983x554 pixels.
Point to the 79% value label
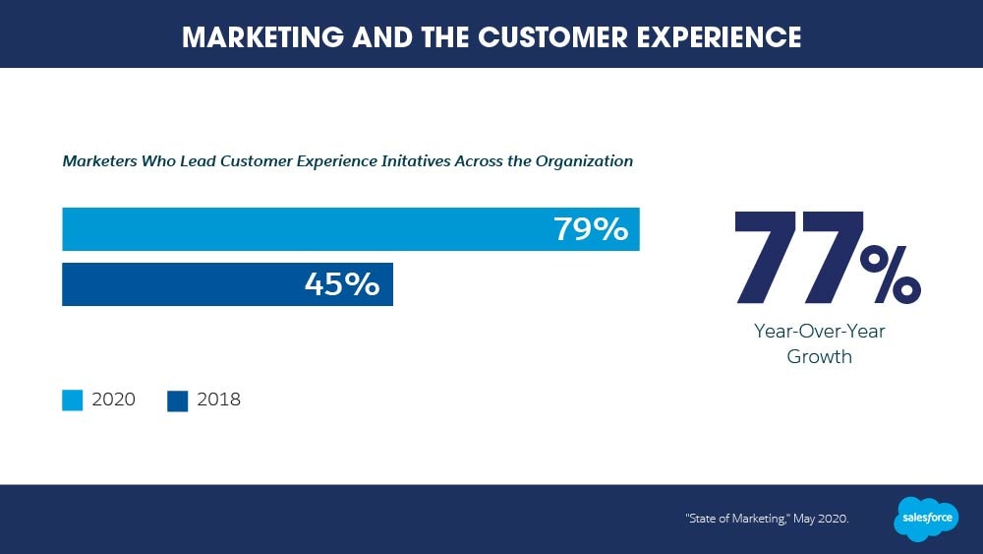click(x=591, y=229)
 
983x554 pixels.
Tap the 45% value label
click(x=342, y=284)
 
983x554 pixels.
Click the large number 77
click(x=793, y=257)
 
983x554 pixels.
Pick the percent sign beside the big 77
click(x=890, y=275)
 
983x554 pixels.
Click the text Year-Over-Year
click(x=819, y=332)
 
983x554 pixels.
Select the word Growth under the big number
click(x=819, y=357)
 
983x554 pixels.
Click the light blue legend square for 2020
click(x=73, y=400)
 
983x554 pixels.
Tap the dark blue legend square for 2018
click(x=178, y=400)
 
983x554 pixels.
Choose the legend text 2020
click(x=113, y=400)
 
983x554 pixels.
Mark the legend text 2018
click(x=218, y=400)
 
